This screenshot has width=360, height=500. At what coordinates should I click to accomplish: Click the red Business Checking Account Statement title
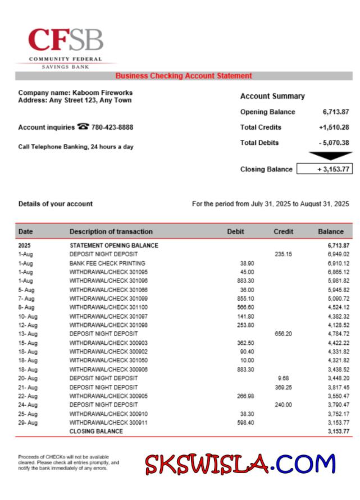coord(184,76)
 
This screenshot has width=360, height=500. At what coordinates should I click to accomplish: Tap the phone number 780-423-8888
coord(112,128)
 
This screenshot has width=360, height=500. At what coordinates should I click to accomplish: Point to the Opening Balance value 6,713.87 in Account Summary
coord(336,112)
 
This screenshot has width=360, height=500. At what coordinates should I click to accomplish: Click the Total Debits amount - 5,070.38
coord(334,143)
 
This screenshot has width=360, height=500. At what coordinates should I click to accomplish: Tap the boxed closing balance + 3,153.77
coord(324,169)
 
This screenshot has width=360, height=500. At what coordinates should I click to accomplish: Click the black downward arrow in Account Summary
coord(331,156)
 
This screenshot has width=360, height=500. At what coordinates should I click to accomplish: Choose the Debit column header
coord(235,231)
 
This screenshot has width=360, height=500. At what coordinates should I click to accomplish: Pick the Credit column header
coord(283,231)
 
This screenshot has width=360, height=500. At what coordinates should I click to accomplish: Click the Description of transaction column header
coord(111,231)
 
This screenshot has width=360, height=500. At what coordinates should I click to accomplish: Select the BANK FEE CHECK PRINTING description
coord(107,263)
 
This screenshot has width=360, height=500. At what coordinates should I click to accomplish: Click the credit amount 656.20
coord(283,334)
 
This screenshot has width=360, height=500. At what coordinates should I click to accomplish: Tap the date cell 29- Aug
coord(28,422)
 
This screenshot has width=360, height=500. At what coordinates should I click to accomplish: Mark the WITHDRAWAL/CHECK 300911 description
coord(108,422)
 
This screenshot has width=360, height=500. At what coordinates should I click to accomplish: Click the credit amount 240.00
coord(283,404)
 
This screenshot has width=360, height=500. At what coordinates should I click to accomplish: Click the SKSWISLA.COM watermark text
coord(240,464)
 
